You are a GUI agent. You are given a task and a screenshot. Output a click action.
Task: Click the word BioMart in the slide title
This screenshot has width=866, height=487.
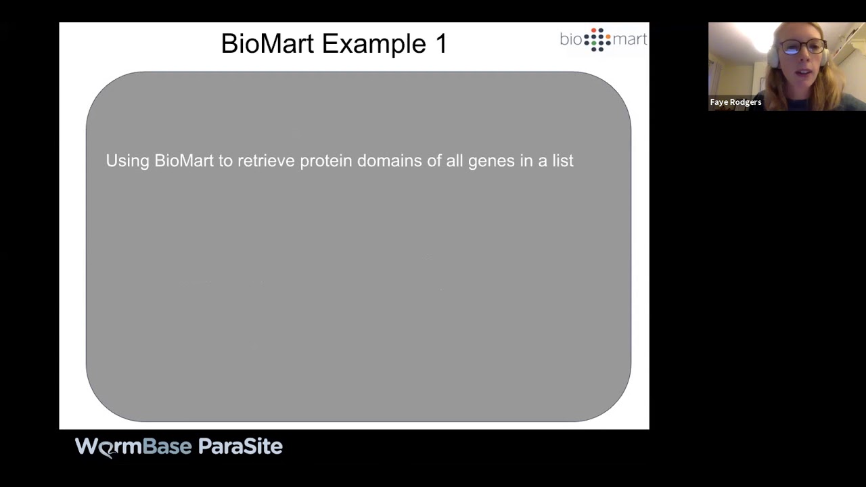pyautogui.click(x=268, y=44)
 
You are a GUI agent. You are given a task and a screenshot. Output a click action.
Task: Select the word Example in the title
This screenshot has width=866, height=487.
pyautogui.click(x=373, y=44)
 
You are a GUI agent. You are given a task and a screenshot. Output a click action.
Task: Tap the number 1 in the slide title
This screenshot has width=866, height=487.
pyautogui.click(x=440, y=44)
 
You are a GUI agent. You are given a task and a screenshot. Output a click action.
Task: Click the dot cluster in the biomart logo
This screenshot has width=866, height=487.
pyautogui.click(x=597, y=39)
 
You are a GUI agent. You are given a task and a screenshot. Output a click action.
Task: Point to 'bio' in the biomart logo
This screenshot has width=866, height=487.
pyautogui.click(x=571, y=39)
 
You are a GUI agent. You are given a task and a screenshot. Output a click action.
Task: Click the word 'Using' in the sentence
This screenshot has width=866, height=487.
pyautogui.click(x=127, y=161)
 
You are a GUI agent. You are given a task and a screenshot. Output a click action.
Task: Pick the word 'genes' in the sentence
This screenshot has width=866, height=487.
pyautogui.click(x=491, y=161)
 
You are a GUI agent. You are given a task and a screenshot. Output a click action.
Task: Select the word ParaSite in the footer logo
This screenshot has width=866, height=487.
pyautogui.click(x=240, y=446)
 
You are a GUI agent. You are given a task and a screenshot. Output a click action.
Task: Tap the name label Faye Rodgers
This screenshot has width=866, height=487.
pyautogui.click(x=735, y=102)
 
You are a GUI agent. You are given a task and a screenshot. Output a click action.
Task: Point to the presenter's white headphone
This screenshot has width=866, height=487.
pyautogui.click(x=773, y=57)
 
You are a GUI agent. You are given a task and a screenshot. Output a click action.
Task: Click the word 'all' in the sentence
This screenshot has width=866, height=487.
pyautogui.click(x=453, y=161)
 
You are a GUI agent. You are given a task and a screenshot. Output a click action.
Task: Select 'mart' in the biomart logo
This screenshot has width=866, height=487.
pyautogui.click(x=630, y=39)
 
